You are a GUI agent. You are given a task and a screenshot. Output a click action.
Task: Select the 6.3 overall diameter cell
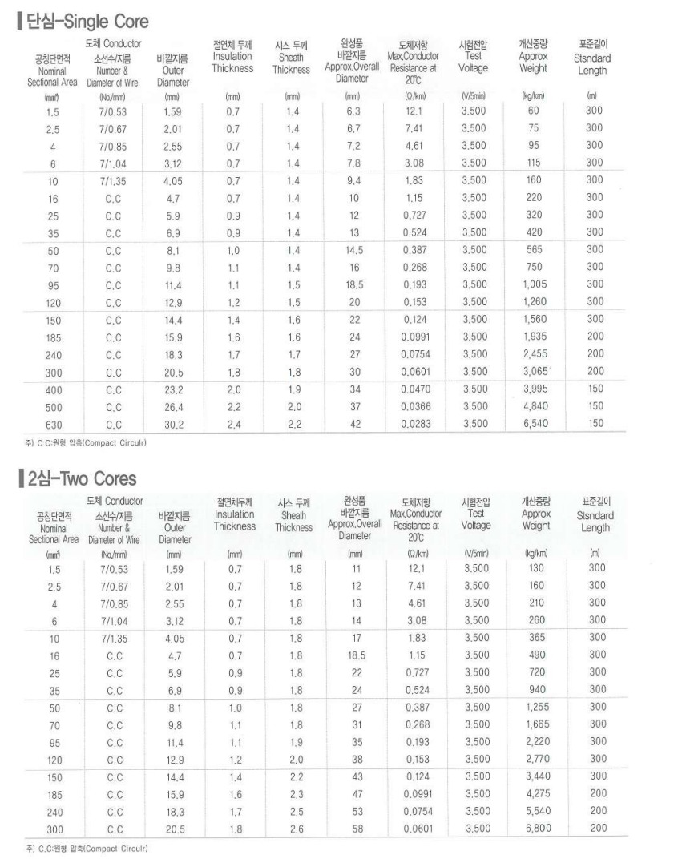pyautogui.click(x=353, y=111)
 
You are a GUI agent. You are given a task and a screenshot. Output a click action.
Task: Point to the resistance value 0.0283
pyautogui.click(x=415, y=423)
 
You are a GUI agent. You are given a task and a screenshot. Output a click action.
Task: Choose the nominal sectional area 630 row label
pyautogui.click(x=52, y=424)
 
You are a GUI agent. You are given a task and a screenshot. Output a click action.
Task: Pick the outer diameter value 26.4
pyautogui.click(x=173, y=406)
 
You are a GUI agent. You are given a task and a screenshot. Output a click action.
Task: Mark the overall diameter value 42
pyautogui.click(x=353, y=423)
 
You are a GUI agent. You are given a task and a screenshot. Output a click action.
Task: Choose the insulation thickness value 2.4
pyautogui.click(x=233, y=424)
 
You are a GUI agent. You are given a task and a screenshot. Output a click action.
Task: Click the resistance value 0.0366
pyautogui.click(x=415, y=406)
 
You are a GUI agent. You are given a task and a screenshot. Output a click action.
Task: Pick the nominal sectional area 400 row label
pyautogui.click(x=52, y=389)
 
